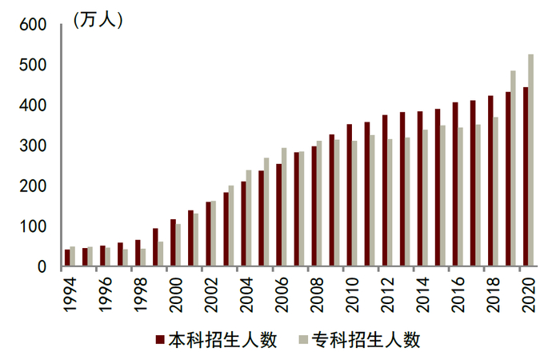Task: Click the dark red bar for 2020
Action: (525, 176)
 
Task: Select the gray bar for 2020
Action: (530, 159)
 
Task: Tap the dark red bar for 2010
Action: (349, 195)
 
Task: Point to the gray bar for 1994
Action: (73, 256)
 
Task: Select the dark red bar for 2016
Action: (455, 184)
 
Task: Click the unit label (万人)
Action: (98, 20)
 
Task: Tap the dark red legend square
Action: (159, 340)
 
